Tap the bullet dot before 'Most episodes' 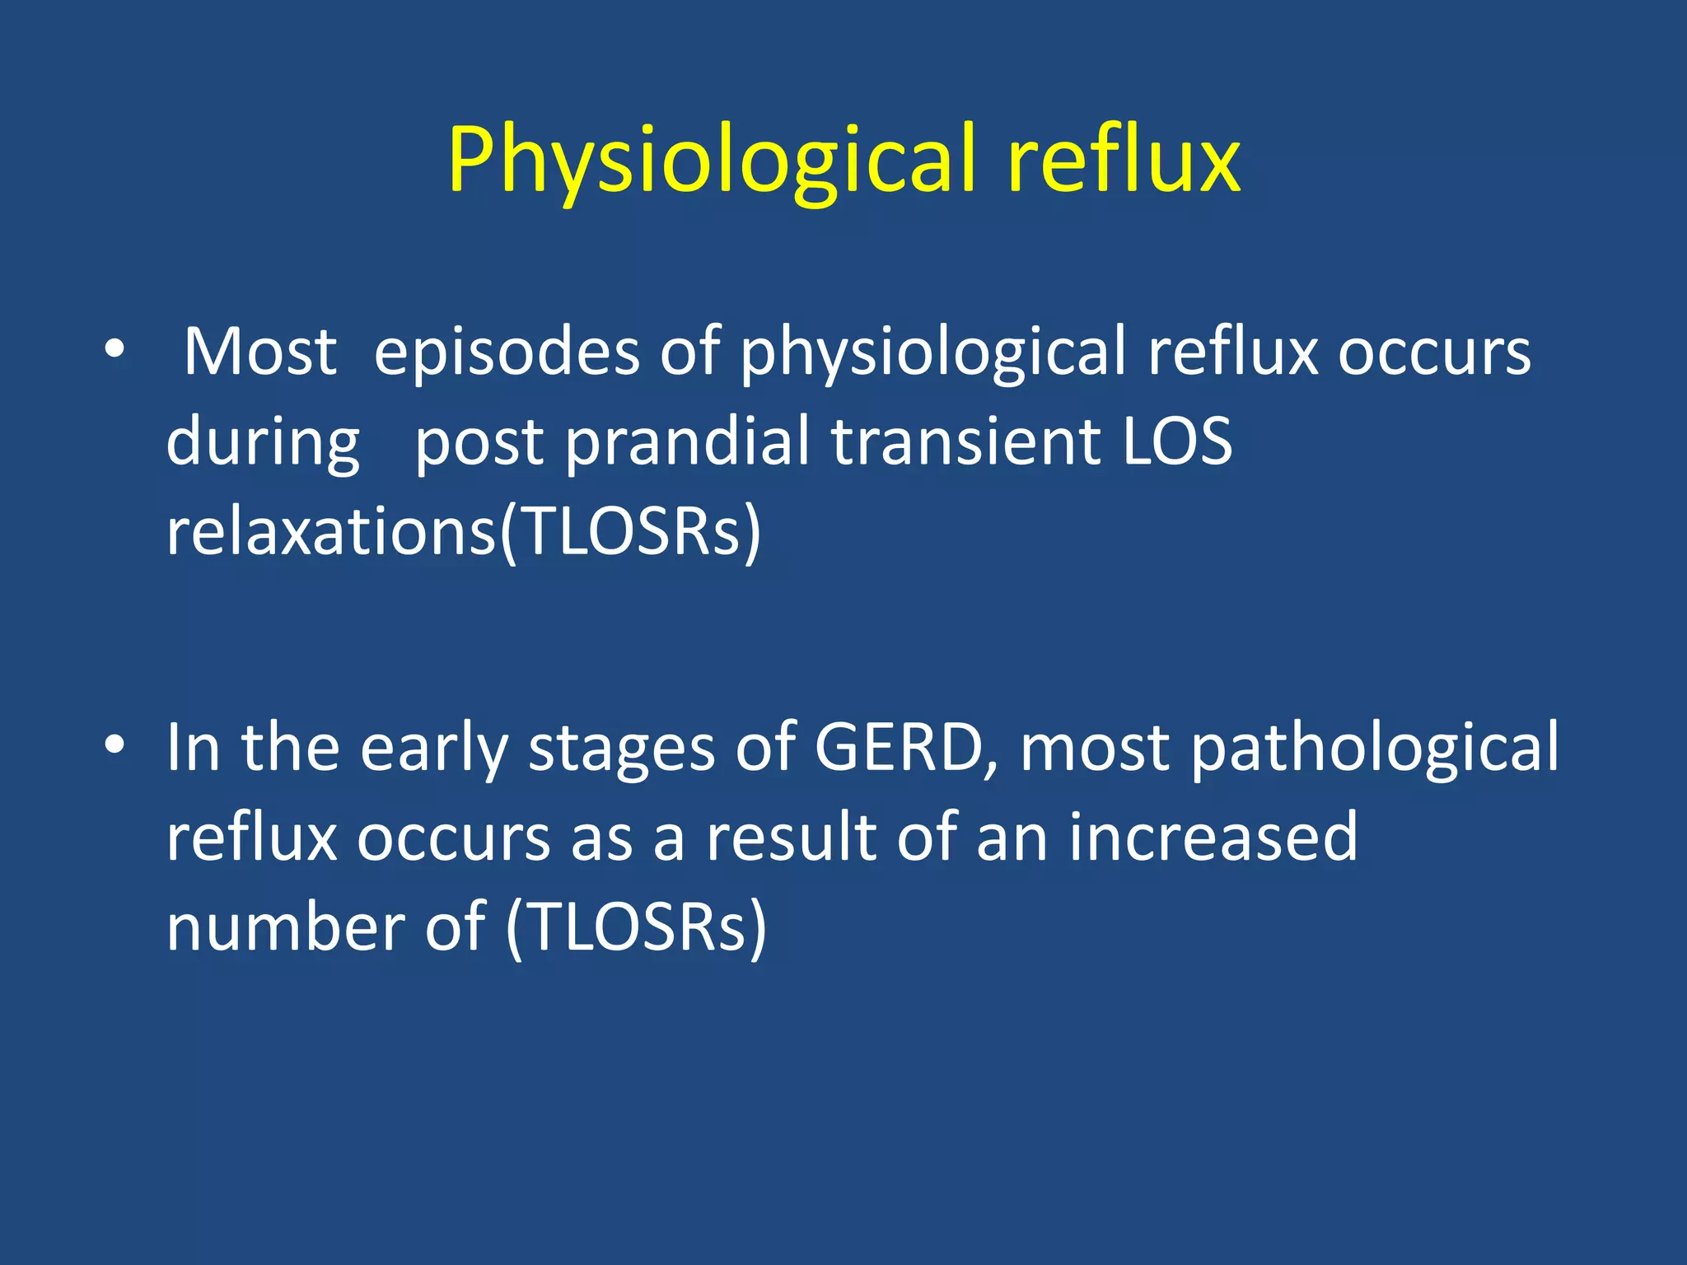(x=114, y=350)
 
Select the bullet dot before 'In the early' (x=114, y=745)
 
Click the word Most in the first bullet (x=259, y=352)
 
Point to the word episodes (x=507, y=352)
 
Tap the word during (x=263, y=442)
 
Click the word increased (x=1213, y=837)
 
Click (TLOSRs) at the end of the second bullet (x=636, y=927)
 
